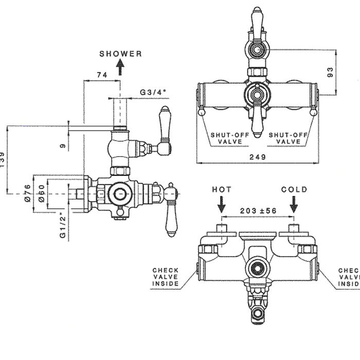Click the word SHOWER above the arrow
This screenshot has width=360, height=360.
(x=120, y=53)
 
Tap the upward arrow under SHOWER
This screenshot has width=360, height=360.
(x=120, y=67)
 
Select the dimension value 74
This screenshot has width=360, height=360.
(x=101, y=76)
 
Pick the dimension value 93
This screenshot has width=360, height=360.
(x=330, y=72)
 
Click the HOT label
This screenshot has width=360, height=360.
(x=222, y=190)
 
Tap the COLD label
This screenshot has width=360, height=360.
(x=294, y=190)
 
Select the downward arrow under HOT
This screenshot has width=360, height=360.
(x=222, y=206)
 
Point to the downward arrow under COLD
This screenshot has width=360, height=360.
(x=294, y=206)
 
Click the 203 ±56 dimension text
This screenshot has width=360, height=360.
(x=258, y=211)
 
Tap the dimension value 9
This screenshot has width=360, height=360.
(x=63, y=146)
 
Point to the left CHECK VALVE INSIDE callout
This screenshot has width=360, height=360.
(x=165, y=277)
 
